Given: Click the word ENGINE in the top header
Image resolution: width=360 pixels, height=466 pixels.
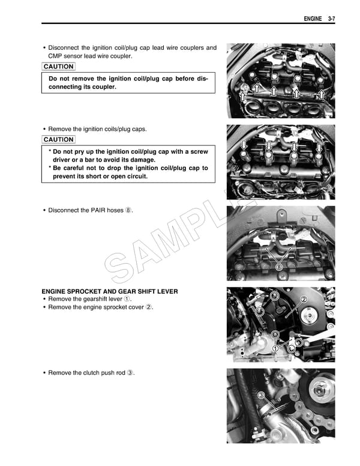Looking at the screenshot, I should [x=312, y=19].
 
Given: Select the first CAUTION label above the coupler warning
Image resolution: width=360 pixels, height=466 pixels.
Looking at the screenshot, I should [x=59, y=67].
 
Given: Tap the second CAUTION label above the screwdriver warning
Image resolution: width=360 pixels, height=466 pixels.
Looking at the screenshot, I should [x=59, y=139].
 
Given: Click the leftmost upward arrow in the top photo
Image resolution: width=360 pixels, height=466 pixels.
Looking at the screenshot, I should [x=242, y=95].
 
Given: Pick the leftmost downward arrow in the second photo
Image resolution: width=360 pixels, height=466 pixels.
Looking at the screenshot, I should [x=244, y=146].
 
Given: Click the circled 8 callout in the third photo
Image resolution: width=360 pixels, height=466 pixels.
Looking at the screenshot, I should [x=279, y=267].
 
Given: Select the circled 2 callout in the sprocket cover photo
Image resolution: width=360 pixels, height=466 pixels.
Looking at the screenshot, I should [x=304, y=300].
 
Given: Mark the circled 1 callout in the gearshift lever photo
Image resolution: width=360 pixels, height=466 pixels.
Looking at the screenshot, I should [x=275, y=348].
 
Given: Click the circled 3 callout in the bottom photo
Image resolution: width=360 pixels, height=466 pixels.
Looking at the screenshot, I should [x=261, y=395].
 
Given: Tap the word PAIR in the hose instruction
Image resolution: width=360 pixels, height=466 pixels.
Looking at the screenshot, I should [x=101, y=210].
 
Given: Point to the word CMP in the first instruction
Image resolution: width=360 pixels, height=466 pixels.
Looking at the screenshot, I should [x=56, y=56].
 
